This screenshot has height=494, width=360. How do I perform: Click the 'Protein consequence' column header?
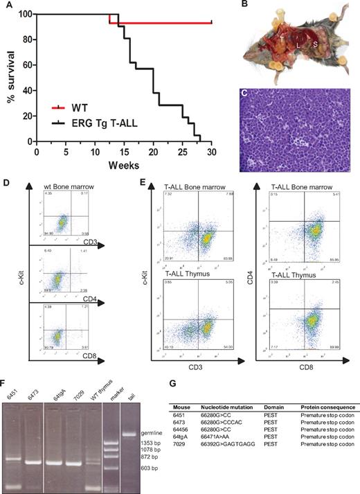325,407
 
